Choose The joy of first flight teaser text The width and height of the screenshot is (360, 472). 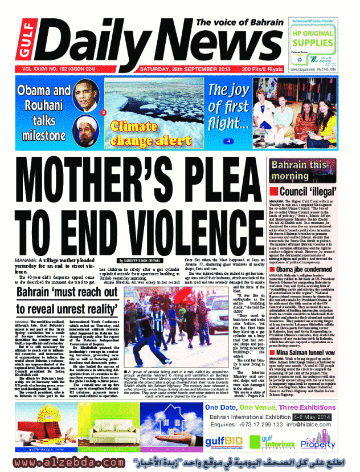click(x=228, y=107)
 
